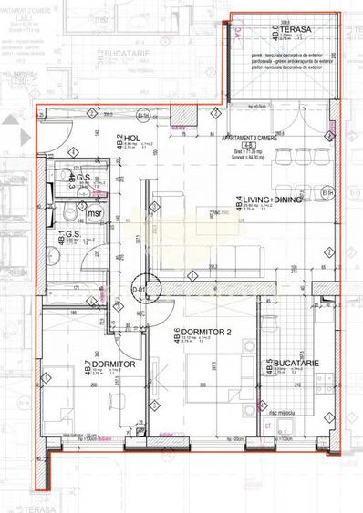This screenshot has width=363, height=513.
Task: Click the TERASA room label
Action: [296, 30]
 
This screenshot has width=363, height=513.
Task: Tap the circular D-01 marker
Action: [140, 290]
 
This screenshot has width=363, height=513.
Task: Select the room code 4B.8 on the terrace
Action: [275, 33]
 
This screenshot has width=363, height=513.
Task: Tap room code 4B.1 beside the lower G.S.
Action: [62, 242]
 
